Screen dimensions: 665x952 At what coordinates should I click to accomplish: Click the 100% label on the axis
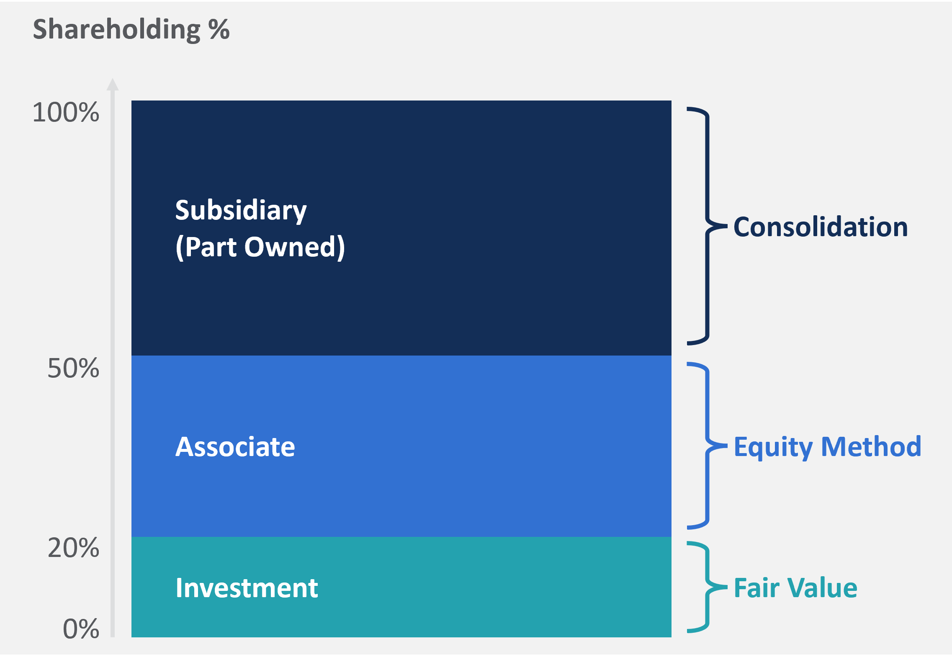pos(66,112)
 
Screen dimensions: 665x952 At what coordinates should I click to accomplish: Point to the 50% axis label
pos(73,369)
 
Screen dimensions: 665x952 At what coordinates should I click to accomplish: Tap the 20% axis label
pos(73,548)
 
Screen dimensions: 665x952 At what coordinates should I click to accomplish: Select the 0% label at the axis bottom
pos(81,629)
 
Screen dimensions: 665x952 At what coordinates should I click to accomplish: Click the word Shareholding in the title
pos(117,29)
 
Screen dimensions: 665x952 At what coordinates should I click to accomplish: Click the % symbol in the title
pos(219,29)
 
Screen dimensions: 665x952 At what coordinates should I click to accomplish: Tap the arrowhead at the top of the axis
pos(113,85)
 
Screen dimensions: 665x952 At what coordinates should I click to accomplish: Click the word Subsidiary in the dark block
pos(241,210)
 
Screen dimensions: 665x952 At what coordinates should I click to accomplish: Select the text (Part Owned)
pos(260,247)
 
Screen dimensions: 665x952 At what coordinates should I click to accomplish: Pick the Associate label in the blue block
pos(235,447)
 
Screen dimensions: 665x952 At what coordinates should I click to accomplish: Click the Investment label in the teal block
pos(247,588)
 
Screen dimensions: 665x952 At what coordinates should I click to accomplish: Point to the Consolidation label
pos(821,227)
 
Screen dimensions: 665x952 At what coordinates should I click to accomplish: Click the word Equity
pos(773,447)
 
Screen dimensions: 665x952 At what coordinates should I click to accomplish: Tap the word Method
pos(871,446)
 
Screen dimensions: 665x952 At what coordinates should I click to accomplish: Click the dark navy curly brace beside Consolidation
pos(708,226)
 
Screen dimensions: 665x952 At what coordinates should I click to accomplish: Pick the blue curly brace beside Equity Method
pos(708,446)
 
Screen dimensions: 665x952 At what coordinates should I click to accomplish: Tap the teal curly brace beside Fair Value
pos(708,587)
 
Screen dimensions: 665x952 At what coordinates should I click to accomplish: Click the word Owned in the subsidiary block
pos(294,247)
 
